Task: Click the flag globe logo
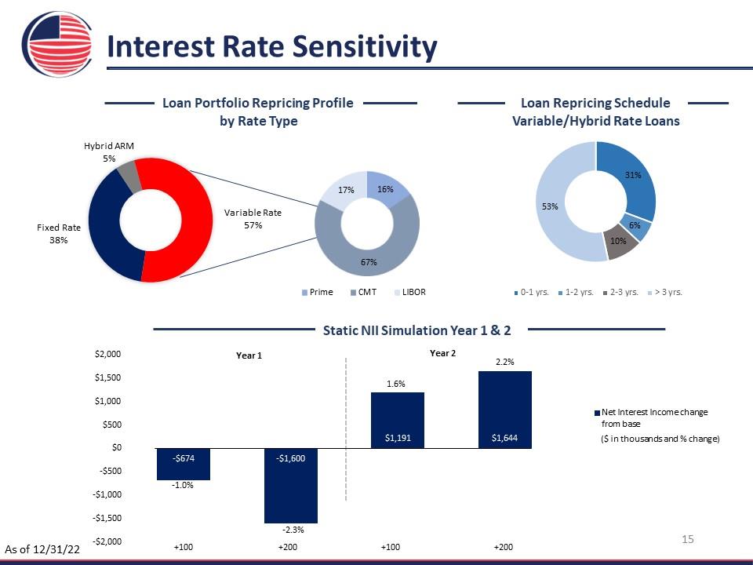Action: click(x=57, y=44)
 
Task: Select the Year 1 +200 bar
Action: click(x=291, y=486)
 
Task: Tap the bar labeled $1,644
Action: click(x=504, y=410)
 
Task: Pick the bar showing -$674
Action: click(x=184, y=464)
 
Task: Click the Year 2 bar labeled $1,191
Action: click(x=398, y=421)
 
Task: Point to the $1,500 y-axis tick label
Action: click(x=108, y=377)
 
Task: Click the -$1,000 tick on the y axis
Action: click(x=107, y=494)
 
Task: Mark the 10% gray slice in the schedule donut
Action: click(x=620, y=242)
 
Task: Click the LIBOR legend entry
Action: click(x=409, y=292)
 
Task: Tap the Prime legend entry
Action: click(x=317, y=292)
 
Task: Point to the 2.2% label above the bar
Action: click(x=504, y=362)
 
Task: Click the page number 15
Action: click(x=688, y=539)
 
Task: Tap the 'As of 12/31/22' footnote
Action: click(x=42, y=549)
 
